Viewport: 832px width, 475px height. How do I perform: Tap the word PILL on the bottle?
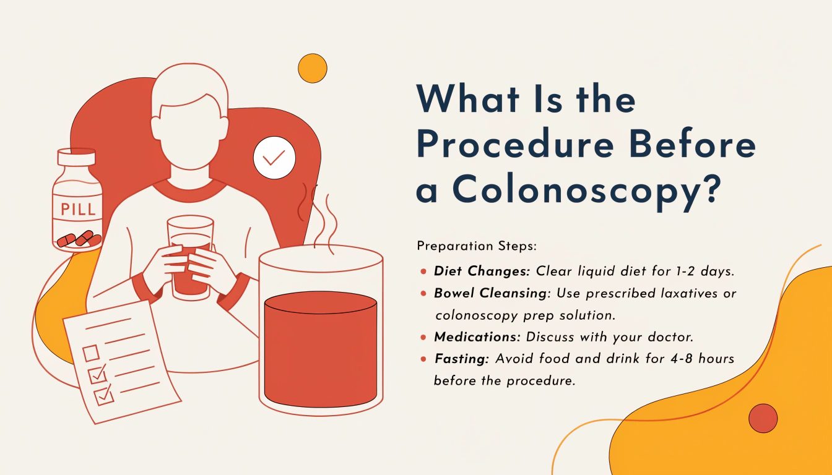tap(79, 209)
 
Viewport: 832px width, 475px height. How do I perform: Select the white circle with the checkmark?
tap(274, 158)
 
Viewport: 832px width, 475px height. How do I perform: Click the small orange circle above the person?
tap(313, 68)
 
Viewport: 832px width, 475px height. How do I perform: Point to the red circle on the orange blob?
tap(763, 418)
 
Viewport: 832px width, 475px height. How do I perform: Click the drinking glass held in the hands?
tap(190, 257)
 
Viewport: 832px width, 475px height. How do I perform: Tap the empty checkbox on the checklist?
tap(91, 353)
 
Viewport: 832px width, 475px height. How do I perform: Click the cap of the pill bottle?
tap(77, 157)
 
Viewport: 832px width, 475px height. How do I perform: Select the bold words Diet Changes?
tap(482, 272)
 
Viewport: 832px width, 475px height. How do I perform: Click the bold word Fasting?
tap(462, 359)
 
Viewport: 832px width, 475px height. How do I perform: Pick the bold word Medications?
tap(477, 337)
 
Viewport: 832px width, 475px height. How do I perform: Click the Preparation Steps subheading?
tap(477, 246)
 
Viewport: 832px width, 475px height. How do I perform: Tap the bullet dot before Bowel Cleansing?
tap(423, 294)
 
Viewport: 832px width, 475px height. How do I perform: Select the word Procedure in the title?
tap(515, 145)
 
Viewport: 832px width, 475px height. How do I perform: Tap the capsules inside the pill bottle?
tap(79, 239)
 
